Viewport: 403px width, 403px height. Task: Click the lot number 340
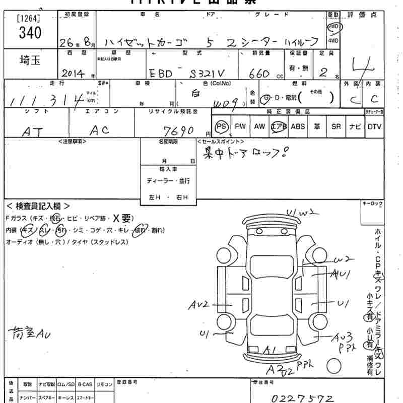coord(30,33)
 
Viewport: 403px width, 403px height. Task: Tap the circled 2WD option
coord(333,27)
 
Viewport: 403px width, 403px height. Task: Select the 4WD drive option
coord(333,40)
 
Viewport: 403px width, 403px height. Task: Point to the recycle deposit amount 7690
coord(179,131)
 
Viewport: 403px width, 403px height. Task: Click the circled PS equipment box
coord(221,126)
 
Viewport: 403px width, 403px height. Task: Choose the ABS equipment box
coord(298,126)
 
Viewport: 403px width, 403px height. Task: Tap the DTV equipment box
coord(374,126)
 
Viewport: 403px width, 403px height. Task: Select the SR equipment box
coord(336,126)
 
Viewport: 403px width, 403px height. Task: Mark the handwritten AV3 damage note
coord(345,337)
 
